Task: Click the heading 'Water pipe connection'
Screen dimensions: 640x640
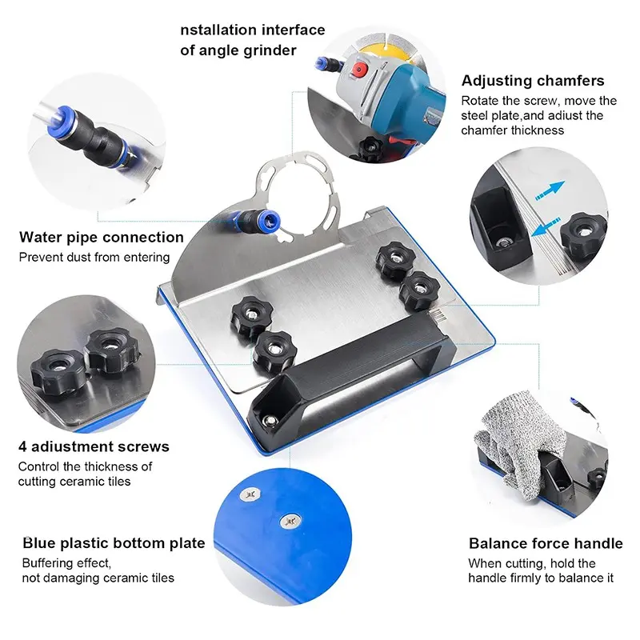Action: coord(102,237)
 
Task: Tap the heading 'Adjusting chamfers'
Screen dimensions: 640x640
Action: coord(533,81)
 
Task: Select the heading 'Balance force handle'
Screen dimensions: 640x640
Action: coord(546,543)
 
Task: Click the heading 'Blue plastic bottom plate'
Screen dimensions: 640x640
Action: coord(114,543)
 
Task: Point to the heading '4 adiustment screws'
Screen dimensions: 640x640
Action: coord(94,446)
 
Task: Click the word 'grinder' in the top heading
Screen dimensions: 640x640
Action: coord(267,50)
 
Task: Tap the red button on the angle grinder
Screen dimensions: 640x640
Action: coord(358,70)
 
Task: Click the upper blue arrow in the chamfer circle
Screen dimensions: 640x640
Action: coord(550,190)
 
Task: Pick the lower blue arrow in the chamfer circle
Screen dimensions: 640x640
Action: coord(546,227)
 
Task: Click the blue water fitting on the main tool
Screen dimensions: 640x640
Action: coord(258,221)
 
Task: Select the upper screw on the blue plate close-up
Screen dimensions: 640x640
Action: coord(250,494)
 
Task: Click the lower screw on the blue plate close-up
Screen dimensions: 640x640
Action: coord(290,521)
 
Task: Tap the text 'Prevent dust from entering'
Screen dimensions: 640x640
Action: coord(94,257)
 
